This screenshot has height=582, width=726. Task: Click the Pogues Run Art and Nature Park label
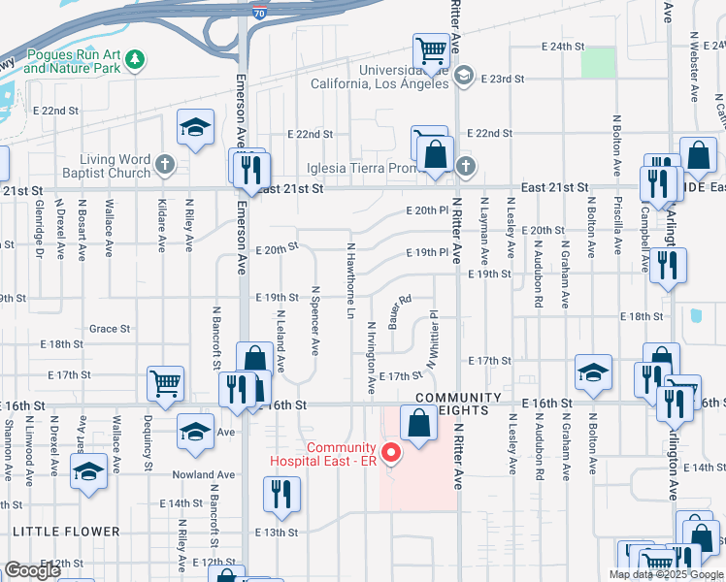74,61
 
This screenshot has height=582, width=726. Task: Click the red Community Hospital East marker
392,452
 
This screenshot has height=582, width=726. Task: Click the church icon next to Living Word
165,166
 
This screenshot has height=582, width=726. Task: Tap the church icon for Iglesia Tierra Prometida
466,166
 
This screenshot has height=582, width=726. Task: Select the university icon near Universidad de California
464,76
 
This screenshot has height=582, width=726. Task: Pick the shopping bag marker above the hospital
418,423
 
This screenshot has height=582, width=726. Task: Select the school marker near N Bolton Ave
593,372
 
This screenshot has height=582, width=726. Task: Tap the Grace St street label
109,329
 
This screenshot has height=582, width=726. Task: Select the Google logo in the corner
32,569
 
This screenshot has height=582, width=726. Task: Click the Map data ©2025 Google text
666,574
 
